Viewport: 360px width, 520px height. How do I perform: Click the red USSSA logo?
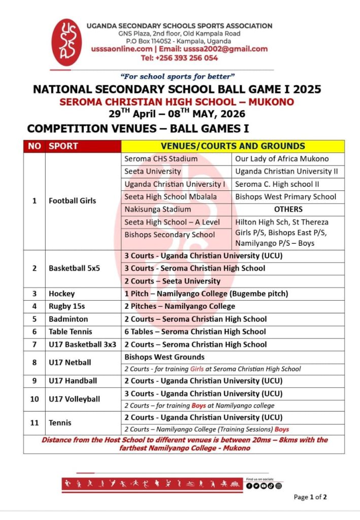point(67,42)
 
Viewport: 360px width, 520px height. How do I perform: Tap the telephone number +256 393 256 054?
point(179,58)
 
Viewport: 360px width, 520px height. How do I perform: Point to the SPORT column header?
point(63,146)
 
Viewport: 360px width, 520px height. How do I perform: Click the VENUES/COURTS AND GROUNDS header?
point(233,146)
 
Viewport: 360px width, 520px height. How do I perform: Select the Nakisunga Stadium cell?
point(158,209)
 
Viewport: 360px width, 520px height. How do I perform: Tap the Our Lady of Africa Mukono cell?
point(282,159)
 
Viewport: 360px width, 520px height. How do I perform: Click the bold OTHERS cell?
point(288,209)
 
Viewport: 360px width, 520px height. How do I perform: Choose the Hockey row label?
point(61,294)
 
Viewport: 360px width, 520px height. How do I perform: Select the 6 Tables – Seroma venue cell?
point(195,332)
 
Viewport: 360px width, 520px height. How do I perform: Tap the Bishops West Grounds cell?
point(165,357)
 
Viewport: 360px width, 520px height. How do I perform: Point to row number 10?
point(35,399)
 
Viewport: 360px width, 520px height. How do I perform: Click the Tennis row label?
point(60,422)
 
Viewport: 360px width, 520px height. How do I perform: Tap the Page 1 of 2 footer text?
point(310,497)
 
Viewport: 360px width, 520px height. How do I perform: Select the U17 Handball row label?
point(73,380)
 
